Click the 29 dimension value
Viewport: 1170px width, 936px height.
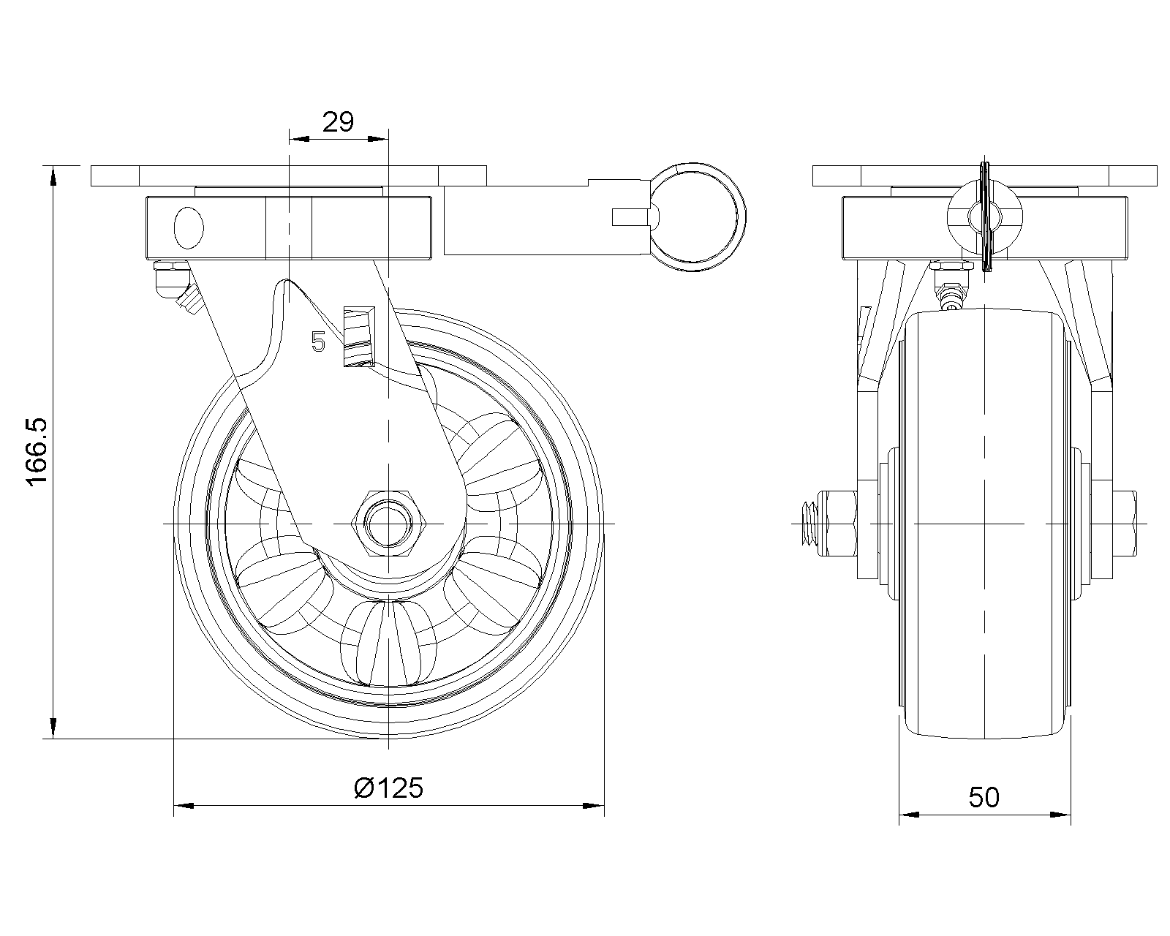(x=338, y=121)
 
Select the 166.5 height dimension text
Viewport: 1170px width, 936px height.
(x=37, y=450)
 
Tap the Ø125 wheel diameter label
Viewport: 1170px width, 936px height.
(x=388, y=788)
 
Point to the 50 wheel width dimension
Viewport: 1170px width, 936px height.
(x=984, y=797)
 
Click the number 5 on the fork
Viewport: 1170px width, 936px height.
(x=317, y=341)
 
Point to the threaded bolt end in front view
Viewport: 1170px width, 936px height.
(x=808, y=524)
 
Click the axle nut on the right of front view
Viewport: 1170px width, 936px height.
(x=1126, y=524)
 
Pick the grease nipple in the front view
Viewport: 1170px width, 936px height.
(x=951, y=289)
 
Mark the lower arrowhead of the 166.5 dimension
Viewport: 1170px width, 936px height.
(x=53, y=729)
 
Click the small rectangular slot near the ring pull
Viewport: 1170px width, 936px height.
(x=630, y=216)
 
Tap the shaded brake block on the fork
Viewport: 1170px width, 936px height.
(x=358, y=336)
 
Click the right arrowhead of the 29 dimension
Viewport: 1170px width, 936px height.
(x=379, y=138)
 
